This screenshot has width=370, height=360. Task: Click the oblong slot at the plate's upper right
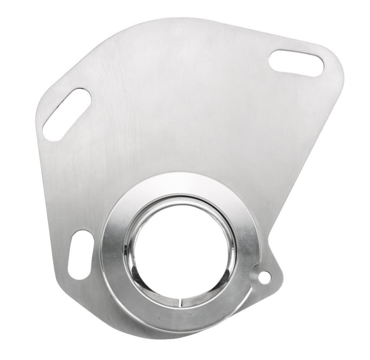[x=296, y=63]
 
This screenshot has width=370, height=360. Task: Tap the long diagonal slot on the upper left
[x=67, y=114]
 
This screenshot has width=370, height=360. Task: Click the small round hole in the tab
[x=264, y=277]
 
